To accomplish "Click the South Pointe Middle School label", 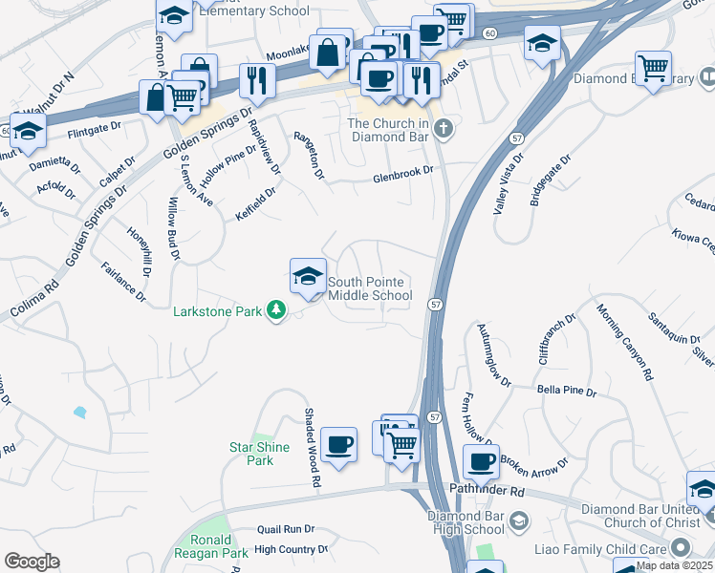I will click(x=370, y=288).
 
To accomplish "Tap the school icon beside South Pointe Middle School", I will click(x=308, y=278).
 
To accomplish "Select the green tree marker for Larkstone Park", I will click(x=276, y=309).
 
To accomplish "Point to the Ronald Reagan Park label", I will click(x=211, y=544).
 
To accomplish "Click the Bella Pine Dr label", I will click(x=566, y=392).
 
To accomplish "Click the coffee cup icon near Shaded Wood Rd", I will click(x=338, y=445).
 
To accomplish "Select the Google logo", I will click(x=32, y=562).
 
